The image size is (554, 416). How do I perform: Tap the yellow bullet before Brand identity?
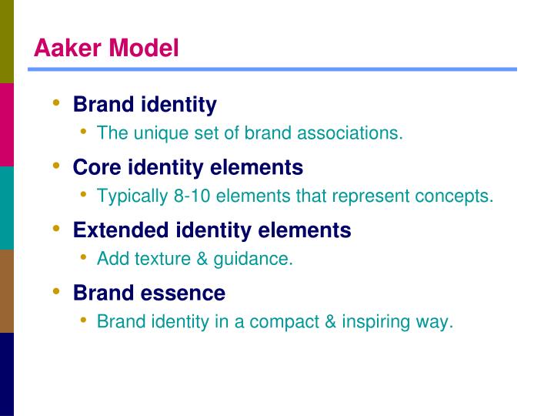coord(56,102)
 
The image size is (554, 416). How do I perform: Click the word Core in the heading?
coord(97,167)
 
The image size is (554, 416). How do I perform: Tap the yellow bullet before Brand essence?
coord(56,292)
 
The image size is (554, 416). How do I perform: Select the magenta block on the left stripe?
coord(7,124)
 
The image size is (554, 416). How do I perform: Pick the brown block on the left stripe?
coord(7,290)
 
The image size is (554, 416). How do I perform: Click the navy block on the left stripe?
coord(7,374)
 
